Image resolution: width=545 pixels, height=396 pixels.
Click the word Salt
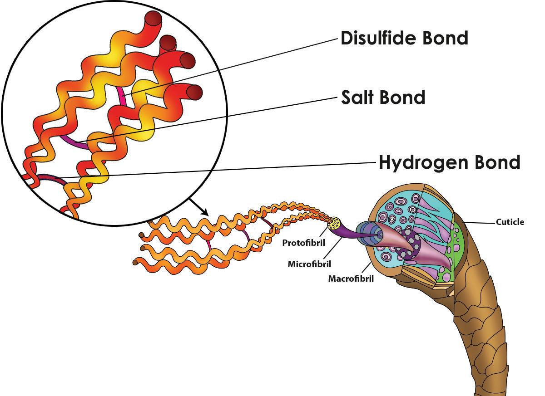coord(359,97)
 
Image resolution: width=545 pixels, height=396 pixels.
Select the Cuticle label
coord(510,222)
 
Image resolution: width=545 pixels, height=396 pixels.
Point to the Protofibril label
coord(304,243)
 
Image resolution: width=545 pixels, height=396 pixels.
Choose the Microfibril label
coord(309,264)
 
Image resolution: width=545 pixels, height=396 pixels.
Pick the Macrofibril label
coord(351,279)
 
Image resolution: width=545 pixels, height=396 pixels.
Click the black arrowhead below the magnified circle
coord(205,212)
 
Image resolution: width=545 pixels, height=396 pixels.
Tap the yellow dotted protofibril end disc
coord(336,223)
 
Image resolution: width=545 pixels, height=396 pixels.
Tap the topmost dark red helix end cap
coord(153,20)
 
